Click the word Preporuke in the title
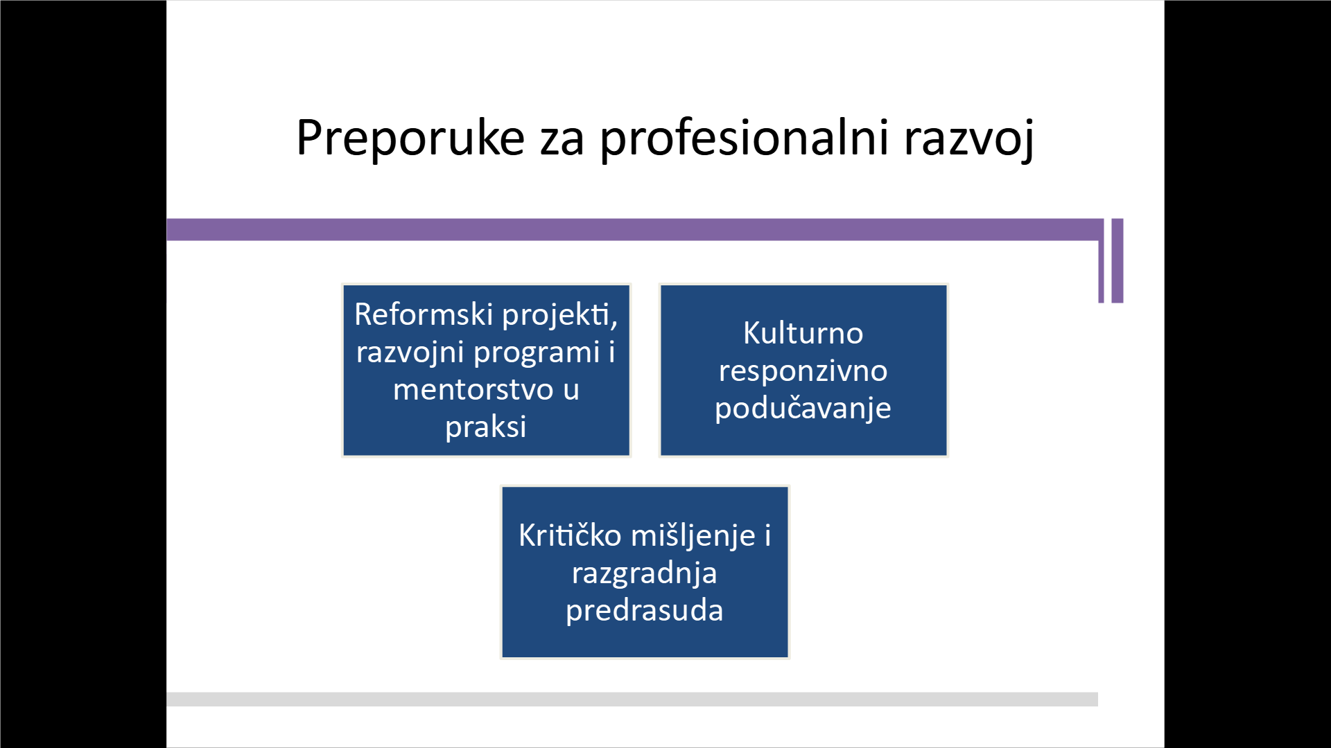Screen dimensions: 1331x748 click(x=410, y=139)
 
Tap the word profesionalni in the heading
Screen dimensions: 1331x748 click(x=744, y=139)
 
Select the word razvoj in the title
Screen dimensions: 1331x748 click(x=969, y=139)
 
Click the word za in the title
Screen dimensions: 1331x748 click(x=562, y=142)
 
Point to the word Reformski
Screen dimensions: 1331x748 click(x=424, y=314)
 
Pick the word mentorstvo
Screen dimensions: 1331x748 click(x=473, y=390)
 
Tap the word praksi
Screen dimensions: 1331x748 click(x=486, y=427)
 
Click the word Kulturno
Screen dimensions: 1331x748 click(x=803, y=333)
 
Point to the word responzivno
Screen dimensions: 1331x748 click(x=803, y=372)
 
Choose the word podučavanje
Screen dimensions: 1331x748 click(x=803, y=409)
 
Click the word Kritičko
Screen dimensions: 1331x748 click(x=570, y=535)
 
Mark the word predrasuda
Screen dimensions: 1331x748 click(x=645, y=611)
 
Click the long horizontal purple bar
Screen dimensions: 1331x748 click(x=635, y=230)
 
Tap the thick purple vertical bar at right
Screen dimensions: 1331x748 click(x=1117, y=260)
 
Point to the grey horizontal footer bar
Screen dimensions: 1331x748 click(x=632, y=699)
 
